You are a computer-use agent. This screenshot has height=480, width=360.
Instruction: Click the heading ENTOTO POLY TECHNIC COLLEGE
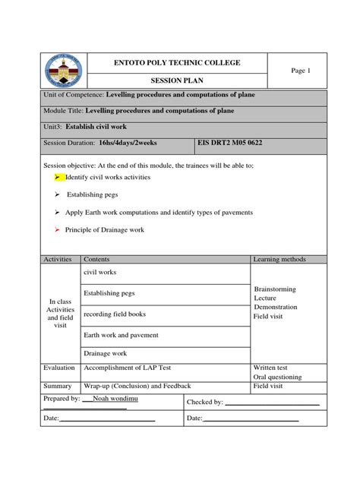pyautogui.click(x=176, y=62)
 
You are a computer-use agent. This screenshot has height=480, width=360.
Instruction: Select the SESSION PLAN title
pyautogui.click(x=176, y=80)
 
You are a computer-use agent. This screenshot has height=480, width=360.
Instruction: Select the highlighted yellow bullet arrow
pyautogui.click(x=58, y=177)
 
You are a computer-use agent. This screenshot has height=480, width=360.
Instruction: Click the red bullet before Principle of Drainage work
pyautogui.click(x=57, y=229)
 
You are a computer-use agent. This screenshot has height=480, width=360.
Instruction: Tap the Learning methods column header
pyautogui.click(x=279, y=260)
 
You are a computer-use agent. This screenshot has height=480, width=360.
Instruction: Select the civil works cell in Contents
pyautogui.click(x=100, y=272)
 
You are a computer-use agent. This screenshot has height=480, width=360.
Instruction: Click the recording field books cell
pyautogui.click(x=114, y=314)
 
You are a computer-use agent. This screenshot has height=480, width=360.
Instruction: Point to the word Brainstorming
pyautogui.click(x=275, y=289)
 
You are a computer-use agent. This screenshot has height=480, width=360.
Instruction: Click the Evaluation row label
pyautogui.click(x=59, y=368)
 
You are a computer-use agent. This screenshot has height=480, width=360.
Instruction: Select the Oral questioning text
pyautogui.click(x=277, y=377)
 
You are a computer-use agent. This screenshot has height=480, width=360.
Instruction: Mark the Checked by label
pyautogui.click(x=204, y=403)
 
